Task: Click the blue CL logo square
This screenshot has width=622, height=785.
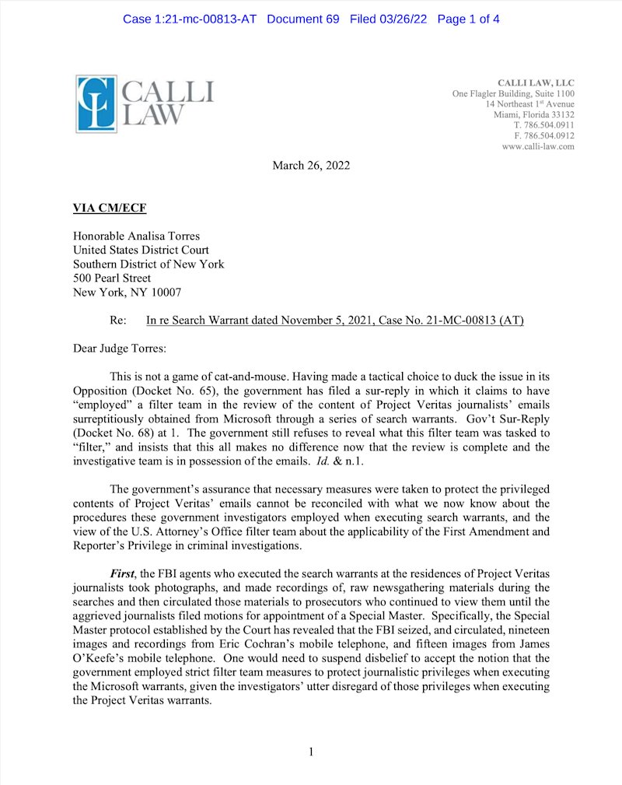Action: [96, 102]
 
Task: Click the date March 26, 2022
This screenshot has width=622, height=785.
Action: [311, 165]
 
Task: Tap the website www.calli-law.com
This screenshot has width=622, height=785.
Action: [538, 146]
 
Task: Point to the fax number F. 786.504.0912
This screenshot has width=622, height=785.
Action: [544, 135]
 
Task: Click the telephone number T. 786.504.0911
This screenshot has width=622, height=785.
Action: [544, 125]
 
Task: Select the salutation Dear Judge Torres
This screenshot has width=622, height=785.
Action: [119, 349]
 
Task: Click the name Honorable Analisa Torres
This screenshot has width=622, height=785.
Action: [137, 236]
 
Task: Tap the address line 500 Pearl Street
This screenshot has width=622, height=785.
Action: [112, 278]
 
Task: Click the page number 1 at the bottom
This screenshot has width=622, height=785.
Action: [311, 752]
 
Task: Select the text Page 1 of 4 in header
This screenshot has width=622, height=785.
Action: [468, 19]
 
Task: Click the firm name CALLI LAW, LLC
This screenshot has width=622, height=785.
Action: [536, 83]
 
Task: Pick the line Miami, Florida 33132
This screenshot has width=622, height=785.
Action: [534, 115]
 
